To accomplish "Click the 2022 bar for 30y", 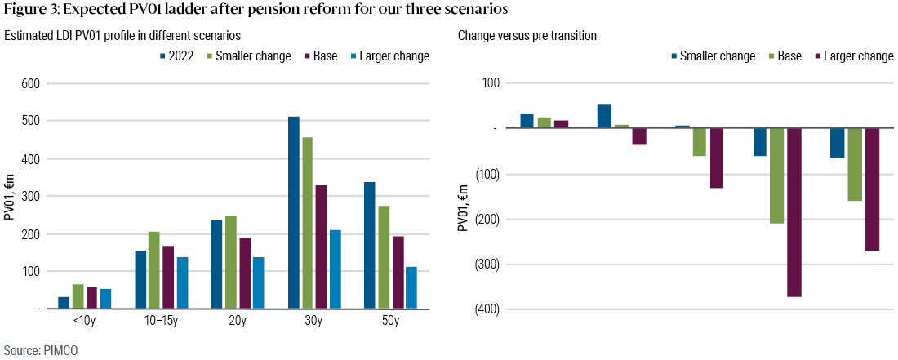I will [x=293, y=212].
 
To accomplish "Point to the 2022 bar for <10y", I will [x=64, y=302].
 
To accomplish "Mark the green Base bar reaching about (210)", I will [x=776, y=176].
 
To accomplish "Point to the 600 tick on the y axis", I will [x=30, y=83].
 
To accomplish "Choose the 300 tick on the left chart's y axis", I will [x=30, y=196].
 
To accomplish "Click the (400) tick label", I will [x=487, y=309].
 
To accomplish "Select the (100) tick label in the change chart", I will [x=487, y=174].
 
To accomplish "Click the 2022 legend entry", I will [x=176, y=56].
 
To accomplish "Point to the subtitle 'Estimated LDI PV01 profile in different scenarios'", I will [x=122, y=36].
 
